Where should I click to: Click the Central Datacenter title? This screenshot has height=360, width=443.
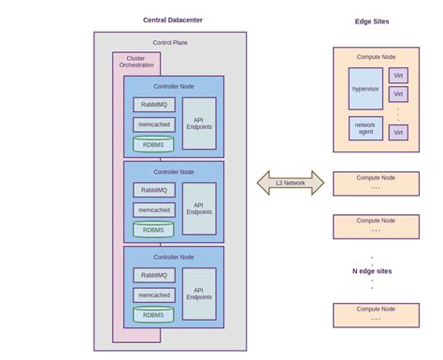click(173, 20)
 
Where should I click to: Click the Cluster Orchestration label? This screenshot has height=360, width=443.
click(136, 61)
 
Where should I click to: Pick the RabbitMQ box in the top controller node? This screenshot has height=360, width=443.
click(154, 105)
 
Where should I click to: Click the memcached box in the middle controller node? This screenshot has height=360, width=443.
click(154, 210)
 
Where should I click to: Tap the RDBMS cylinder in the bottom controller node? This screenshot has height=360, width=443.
click(153, 315)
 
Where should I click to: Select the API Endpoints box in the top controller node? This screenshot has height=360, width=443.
click(198, 122)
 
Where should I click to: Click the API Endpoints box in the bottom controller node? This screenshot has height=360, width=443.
click(198, 294)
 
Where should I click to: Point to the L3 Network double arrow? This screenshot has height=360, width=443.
click(291, 183)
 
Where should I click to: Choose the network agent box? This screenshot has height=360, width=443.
click(365, 129)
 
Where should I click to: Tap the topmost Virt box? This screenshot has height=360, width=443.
click(399, 75)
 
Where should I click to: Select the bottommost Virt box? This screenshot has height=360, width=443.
click(399, 133)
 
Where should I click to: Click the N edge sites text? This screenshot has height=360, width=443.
click(372, 271)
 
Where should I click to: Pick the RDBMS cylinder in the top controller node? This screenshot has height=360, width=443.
click(153, 144)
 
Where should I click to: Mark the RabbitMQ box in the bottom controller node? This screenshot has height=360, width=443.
click(154, 275)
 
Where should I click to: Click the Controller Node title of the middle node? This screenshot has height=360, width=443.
click(174, 172)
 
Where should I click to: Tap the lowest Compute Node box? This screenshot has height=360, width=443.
click(376, 314)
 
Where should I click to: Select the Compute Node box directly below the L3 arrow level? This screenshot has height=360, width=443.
click(376, 225)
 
